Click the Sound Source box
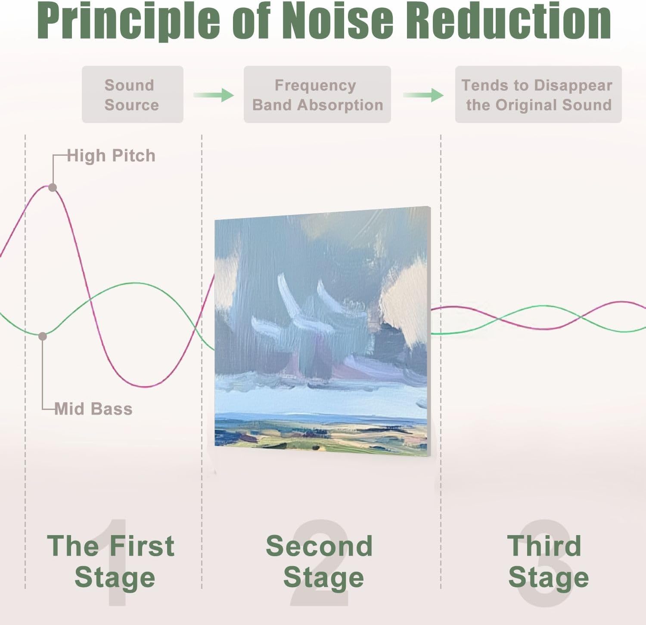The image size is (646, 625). click(x=133, y=95)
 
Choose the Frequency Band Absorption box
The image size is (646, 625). click(x=317, y=95)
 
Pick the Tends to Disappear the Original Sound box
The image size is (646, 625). click(x=538, y=95)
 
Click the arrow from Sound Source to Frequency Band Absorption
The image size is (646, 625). click(x=214, y=95)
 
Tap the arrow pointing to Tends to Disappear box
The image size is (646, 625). click(x=423, y=95)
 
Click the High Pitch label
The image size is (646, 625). click(x=111, y=156)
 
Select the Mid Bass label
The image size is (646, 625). click(x=93, y=409)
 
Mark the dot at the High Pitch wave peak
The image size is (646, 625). click(x=53, y=188)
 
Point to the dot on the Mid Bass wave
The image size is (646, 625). click(x=43, y=336)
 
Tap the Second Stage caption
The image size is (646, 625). click(x=320, y=561)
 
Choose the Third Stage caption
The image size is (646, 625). click(x=548, y=561)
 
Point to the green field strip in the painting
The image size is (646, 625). click(x=321, y=434)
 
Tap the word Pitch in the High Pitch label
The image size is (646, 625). click(x=134, y=156)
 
